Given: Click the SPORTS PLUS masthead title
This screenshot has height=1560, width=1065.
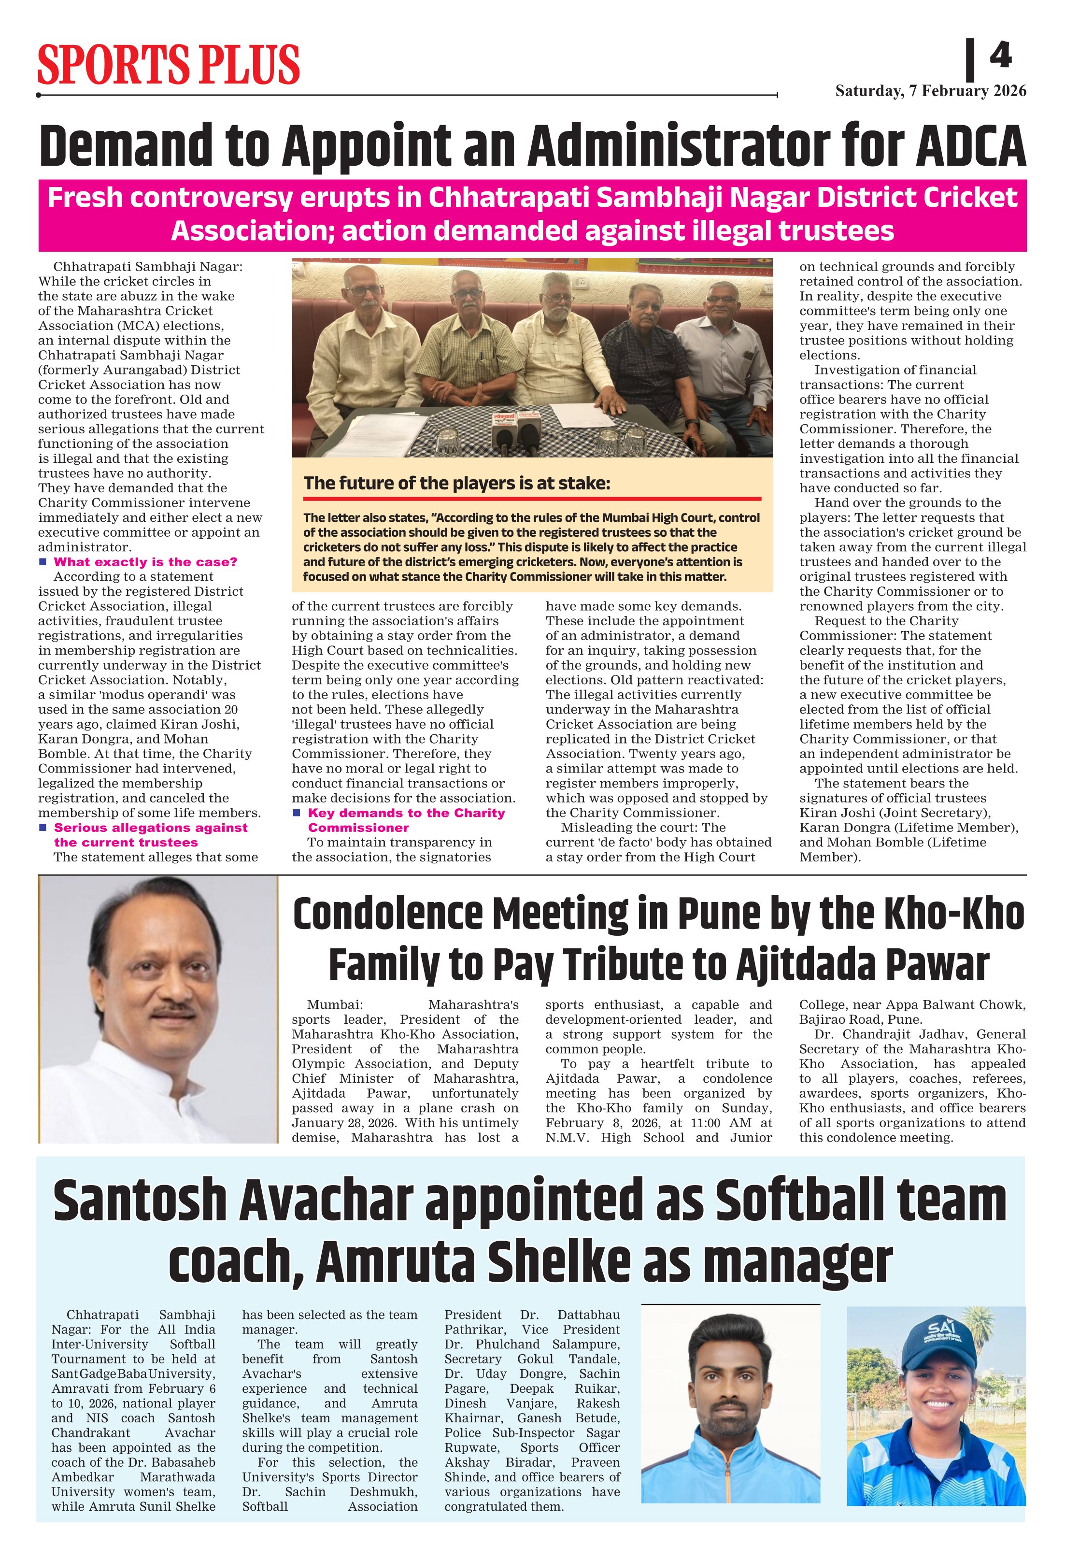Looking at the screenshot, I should [x=169, y=64].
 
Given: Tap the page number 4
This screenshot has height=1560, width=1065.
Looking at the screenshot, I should [x=1000, y=55].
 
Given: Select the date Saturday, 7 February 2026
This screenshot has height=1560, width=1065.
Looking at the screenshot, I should [x=930, y=91].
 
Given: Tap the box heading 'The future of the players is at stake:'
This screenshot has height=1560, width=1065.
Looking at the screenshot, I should [x=457, y=483].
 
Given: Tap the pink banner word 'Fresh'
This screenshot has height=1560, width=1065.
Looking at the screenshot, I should [x=85, y=198].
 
